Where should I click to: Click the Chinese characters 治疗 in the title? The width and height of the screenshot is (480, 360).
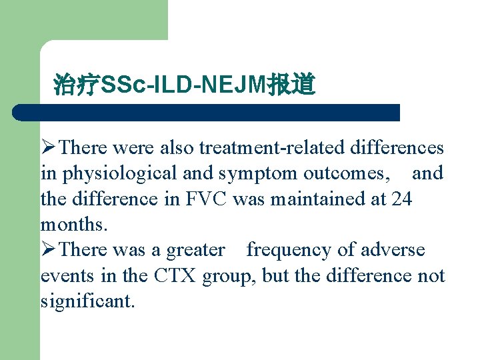pyautogui.click(x=76, y=85)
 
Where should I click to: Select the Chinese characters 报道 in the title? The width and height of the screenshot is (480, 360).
pyautogui.click(x=291, y=85)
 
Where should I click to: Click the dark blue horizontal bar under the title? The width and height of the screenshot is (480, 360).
pyautogui.click(x=207, y=112)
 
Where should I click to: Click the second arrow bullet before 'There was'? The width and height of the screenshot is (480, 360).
pyautogui.click(x=49, y=250)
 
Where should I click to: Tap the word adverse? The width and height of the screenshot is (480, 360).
pyautogui.click(x=393, y=250)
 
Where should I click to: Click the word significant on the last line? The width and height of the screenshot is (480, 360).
pyautogui.click(x=87, y=301)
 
